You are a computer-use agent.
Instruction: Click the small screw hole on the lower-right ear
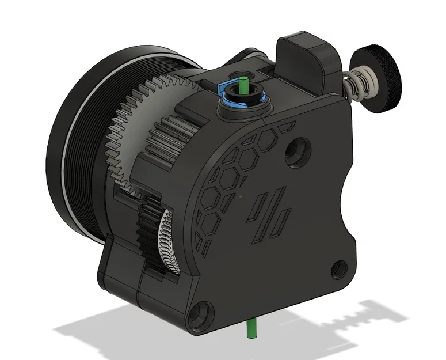[x=339, y=267]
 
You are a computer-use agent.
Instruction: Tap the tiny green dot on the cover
[x=241, y=195]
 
